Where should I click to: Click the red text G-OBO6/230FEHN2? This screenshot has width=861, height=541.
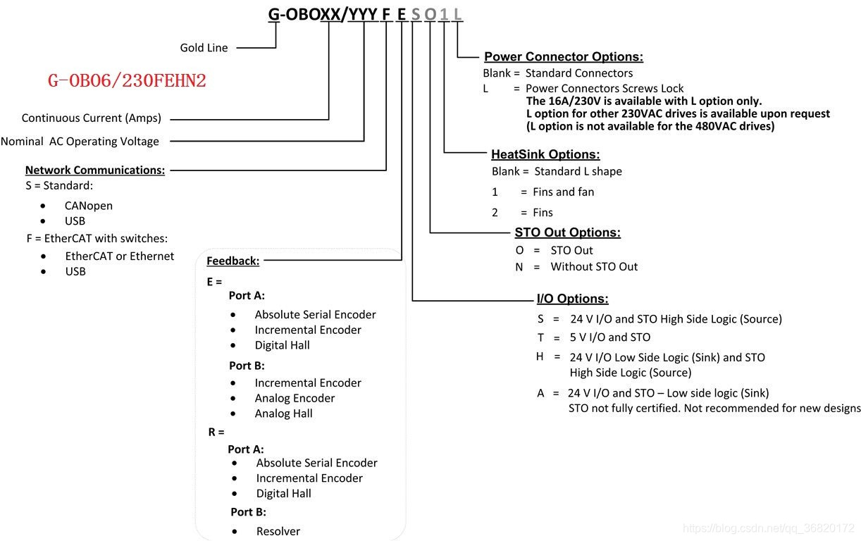127,81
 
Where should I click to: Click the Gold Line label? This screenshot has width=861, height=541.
204,48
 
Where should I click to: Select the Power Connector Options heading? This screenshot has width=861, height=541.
564,57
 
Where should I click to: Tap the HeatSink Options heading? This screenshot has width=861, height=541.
545,154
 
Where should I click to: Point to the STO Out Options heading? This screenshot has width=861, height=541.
567,232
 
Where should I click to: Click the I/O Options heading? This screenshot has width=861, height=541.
572,299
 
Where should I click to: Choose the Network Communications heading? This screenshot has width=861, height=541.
95,170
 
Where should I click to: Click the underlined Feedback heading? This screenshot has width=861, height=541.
233,261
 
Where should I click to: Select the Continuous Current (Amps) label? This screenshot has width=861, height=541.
92,118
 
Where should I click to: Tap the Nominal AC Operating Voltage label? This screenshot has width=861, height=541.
80,141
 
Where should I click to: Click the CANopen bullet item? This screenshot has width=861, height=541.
88,206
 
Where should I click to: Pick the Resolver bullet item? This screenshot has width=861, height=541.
278,531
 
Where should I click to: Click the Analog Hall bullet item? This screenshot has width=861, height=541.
283,413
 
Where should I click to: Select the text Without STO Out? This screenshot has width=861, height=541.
594,266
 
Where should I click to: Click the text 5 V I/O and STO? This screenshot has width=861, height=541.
610,337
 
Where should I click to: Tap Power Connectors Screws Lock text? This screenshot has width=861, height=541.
605,88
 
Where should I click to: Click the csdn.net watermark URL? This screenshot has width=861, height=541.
769,528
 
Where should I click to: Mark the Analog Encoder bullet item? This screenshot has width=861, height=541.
295,398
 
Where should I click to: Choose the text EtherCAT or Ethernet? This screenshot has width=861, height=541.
119,256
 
